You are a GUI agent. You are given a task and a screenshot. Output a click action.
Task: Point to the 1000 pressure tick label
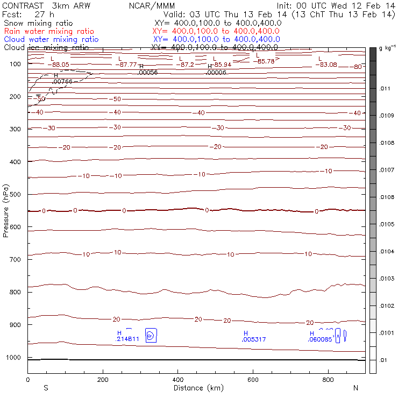click(x=14, y=358)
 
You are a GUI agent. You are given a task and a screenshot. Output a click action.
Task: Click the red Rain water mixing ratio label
click(x=49, y=32)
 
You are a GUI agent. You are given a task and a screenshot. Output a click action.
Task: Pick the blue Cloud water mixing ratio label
click(x=51, y=40)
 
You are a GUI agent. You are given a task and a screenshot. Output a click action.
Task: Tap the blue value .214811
click(x=128, y=339)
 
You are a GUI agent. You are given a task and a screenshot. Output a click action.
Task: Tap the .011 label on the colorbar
click(x=385, y=88)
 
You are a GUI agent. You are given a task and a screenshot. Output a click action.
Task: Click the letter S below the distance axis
click(x=46, y=388)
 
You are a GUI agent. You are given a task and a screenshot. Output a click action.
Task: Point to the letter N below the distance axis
click(x=356, y=388)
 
